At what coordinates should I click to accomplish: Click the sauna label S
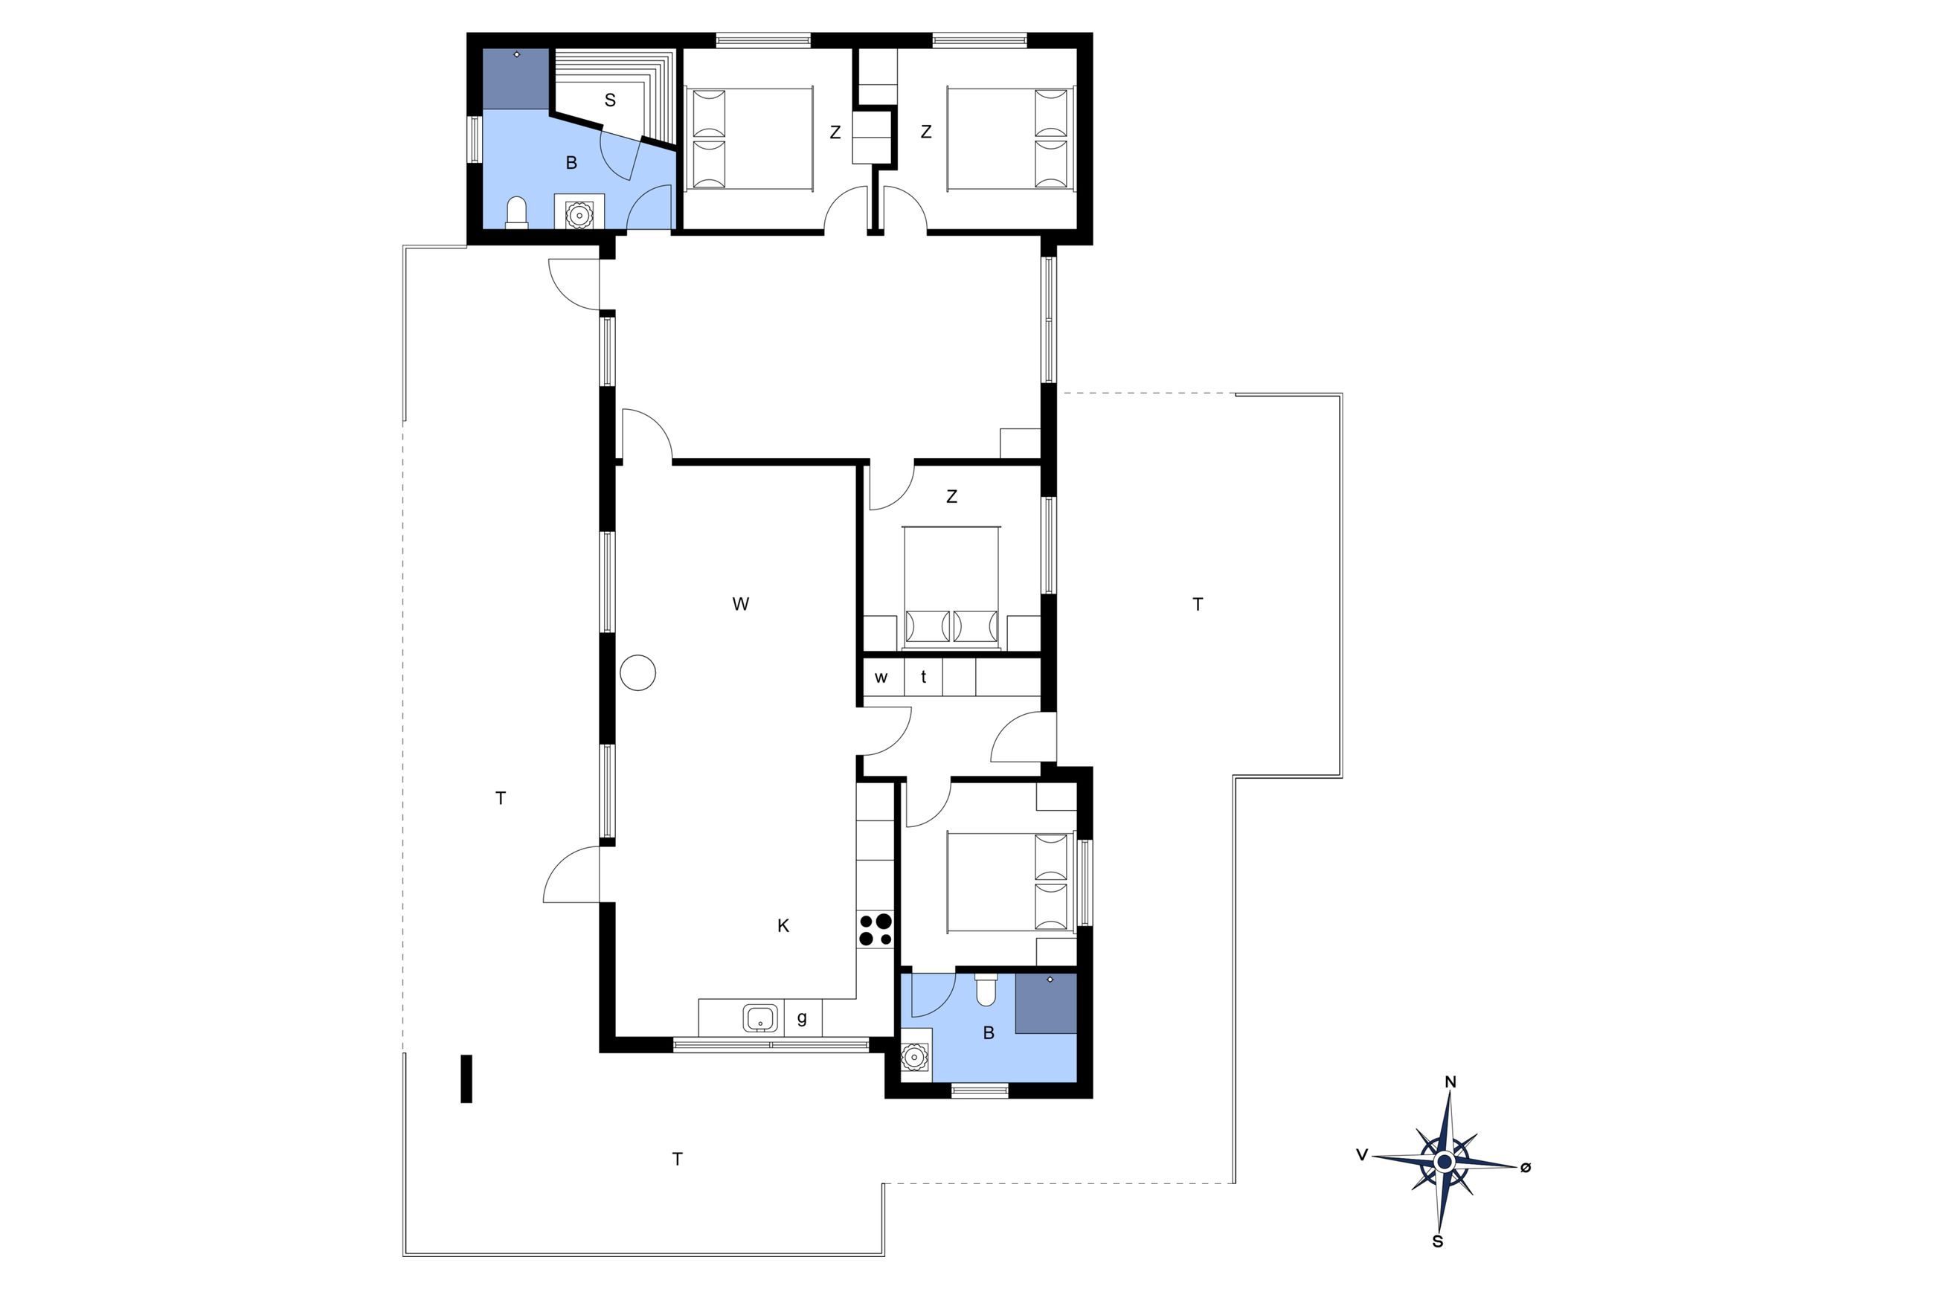610,100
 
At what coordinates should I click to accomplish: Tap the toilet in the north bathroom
516,210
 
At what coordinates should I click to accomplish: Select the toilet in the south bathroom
986,990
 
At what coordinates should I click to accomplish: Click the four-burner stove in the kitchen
875,930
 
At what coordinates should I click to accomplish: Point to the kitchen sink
760,1018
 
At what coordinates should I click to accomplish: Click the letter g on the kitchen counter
801,1018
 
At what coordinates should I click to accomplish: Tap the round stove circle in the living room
637,672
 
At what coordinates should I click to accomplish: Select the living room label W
741,604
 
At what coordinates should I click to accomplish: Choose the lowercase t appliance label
924,678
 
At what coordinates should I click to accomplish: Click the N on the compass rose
1450,1083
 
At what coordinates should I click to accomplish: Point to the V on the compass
1362,1156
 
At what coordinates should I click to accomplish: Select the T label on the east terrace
1198,605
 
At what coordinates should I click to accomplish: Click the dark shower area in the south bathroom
1046,1003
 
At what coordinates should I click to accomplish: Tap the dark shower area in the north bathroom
515,79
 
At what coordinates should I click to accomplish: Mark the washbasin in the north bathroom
579,213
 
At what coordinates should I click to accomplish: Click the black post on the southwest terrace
466,1079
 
